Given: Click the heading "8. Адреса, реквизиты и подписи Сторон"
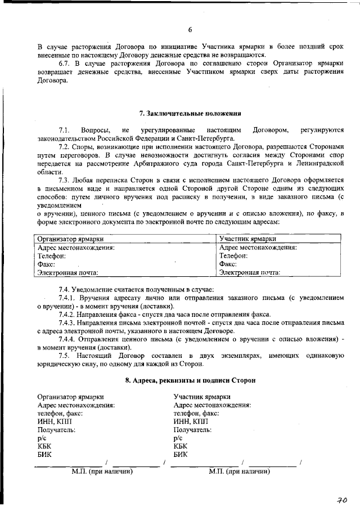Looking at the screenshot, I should pos(190,380).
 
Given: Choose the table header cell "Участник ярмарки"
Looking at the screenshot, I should pos(245,239).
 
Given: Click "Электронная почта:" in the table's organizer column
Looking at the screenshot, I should pos(67,272).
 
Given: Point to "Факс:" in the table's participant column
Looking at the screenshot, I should pos(228,264).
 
